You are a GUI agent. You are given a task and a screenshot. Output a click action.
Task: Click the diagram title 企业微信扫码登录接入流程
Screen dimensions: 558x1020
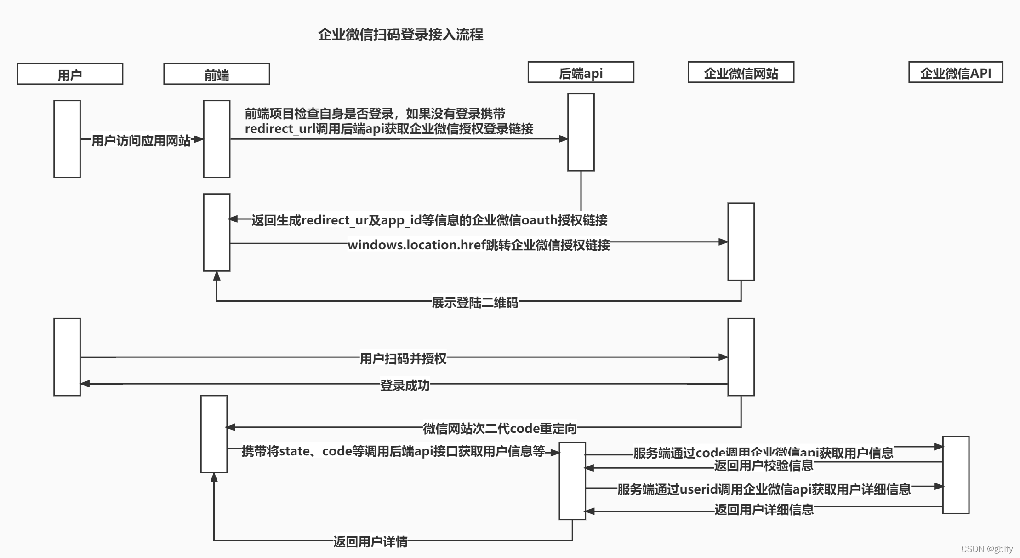coord(400,35)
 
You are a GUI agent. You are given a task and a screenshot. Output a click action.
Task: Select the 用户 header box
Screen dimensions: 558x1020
coord(70,74)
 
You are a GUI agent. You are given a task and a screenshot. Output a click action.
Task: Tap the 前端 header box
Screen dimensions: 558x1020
coord(217,74)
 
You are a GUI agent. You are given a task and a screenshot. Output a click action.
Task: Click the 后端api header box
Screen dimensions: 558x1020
coord(581,72)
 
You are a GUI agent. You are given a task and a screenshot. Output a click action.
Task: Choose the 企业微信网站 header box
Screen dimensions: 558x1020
coord(741,72)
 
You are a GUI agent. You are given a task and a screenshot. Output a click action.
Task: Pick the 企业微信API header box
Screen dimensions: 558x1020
coord(956,72)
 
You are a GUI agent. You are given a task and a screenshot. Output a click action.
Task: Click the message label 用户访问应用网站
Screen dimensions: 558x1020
coord(141,140)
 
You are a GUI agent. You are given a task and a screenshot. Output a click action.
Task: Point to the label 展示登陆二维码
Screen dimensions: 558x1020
coord(475,302)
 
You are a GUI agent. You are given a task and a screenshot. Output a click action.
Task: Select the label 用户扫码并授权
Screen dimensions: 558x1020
coord(403,358)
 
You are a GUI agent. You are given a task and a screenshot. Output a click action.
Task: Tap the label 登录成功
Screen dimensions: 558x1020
coord(405,385)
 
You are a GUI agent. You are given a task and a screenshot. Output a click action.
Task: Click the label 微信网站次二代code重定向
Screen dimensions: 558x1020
coord(500,428)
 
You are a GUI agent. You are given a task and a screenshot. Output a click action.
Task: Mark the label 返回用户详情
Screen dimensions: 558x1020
coord(370,541)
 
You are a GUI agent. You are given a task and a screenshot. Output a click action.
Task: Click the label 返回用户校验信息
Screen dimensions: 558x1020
coord(764,466)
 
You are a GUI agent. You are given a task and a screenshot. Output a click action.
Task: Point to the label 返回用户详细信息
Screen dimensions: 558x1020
coord(764,509)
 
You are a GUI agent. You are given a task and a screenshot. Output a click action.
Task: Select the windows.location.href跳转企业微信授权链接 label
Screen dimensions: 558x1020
coord(479,245)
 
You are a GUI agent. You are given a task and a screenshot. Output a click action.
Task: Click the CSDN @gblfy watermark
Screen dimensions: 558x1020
coord(987,549)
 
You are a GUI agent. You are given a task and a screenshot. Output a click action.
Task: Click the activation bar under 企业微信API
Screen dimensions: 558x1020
coord(956,475)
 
